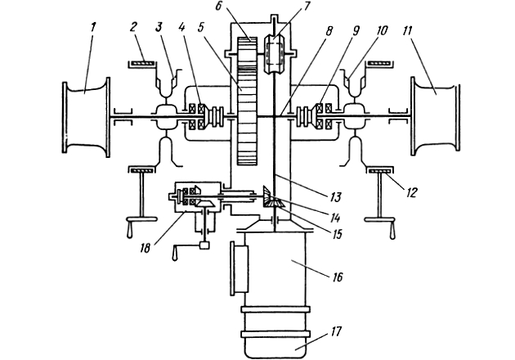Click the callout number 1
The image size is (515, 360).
click(93, 28)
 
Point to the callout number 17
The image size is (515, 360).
click(336, 331)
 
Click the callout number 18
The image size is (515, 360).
click(145, 248)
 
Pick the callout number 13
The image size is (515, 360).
click(334, 197)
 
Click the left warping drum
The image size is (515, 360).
click(86, 117)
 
